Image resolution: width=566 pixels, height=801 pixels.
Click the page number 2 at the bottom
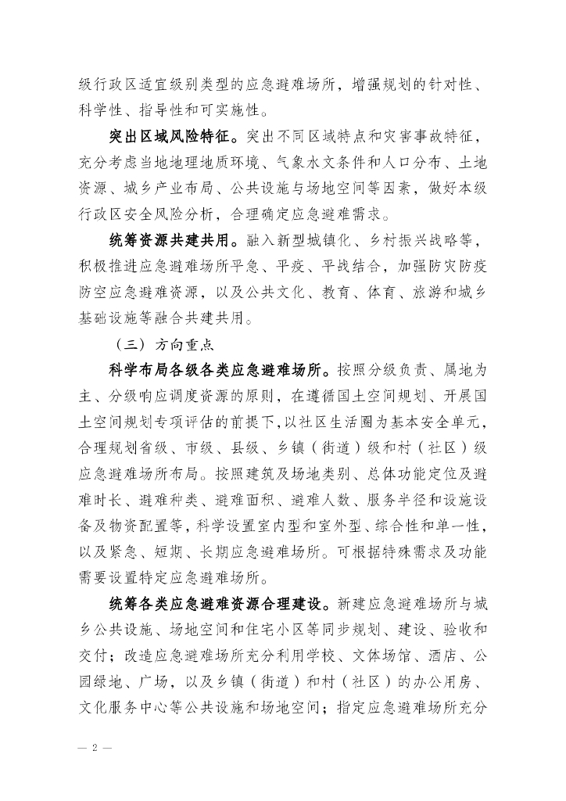coord(95,747)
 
